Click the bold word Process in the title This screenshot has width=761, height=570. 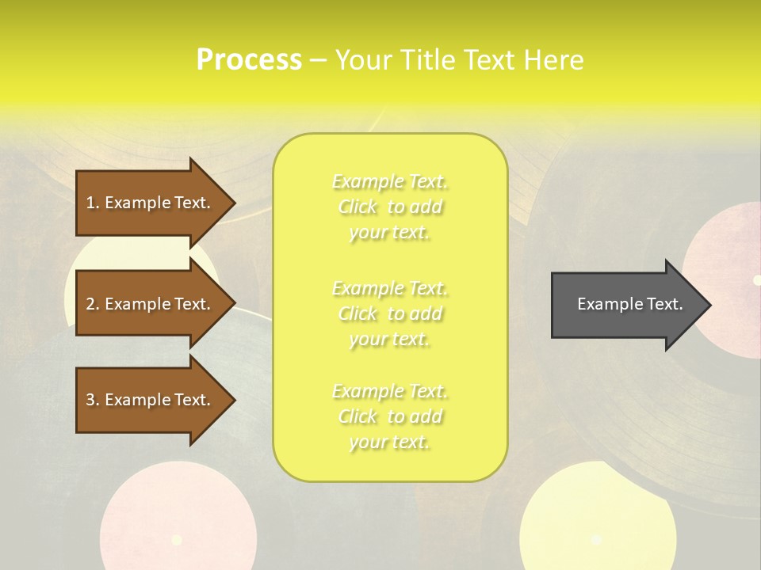[249, 60]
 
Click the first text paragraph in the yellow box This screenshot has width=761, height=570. [390, 207]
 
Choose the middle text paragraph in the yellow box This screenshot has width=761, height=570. [390, 313]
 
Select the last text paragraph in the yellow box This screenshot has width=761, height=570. [390, 417]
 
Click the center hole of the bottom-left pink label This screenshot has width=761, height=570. [176, 540]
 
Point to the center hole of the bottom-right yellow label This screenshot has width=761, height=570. [596, 540]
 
